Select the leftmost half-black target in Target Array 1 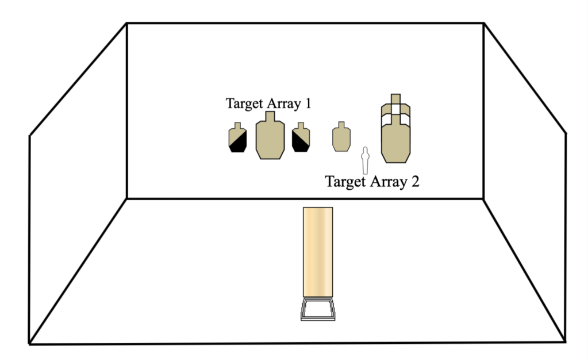(237, 139)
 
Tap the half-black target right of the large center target (301, 139)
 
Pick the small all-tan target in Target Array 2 (341, 138)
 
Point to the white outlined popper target (364, 160)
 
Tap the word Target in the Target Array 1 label (244, 104)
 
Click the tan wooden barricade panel (318, 252)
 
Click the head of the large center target (270, 117)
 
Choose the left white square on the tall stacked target (387, 119)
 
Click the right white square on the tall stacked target (404, 119)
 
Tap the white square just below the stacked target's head (395, 109)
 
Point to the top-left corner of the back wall (127, 24)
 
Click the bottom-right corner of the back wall (483, 198)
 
